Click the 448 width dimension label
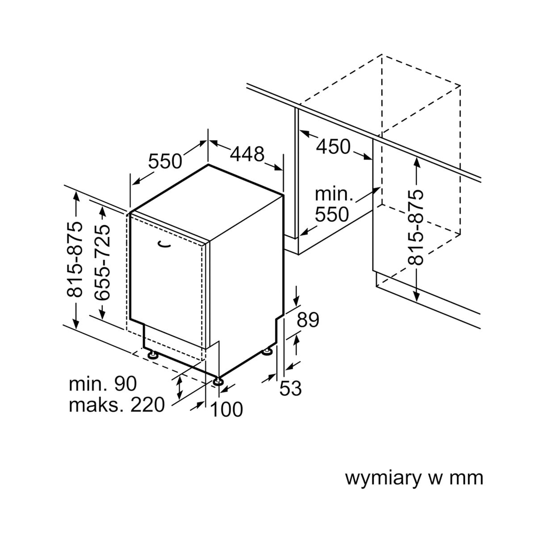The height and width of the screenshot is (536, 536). coord(247,154)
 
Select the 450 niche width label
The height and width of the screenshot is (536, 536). coord(333,147)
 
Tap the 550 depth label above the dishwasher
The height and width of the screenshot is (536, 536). coord(165,161)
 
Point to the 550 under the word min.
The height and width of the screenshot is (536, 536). coord(331,215)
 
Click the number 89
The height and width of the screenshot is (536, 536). coord(308,320)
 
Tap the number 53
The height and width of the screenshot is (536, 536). coord(290,389)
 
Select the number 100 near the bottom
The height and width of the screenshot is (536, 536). coord(226,409)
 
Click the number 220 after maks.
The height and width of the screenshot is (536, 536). coord(147,405)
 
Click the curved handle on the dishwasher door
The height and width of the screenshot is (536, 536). coord(165,243)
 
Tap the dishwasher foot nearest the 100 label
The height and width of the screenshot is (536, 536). coord(218,381)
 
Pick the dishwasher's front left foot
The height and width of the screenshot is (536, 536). coord(154,355)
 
